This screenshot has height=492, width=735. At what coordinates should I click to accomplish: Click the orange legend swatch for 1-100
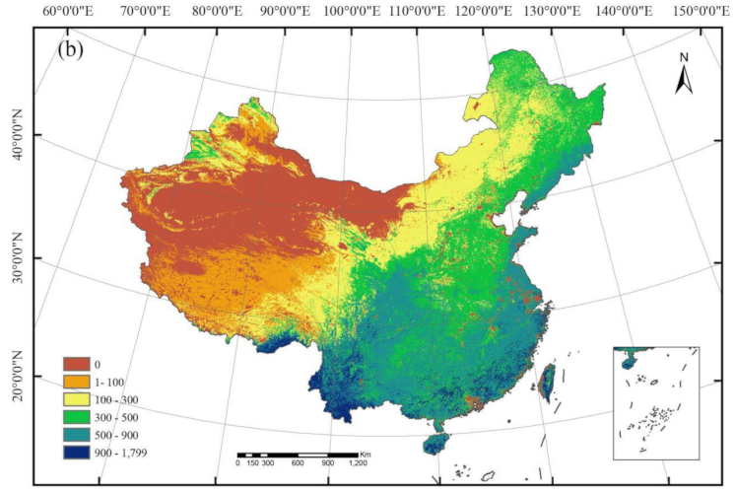tap(78, 382)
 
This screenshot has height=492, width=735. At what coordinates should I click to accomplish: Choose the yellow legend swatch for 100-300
tap(78, 398)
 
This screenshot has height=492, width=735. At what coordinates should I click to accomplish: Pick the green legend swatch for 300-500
tap(78, 415)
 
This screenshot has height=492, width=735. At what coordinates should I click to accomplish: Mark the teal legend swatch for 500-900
tap(78, 432)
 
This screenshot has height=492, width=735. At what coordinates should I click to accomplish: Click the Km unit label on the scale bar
tap(366, 453)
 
